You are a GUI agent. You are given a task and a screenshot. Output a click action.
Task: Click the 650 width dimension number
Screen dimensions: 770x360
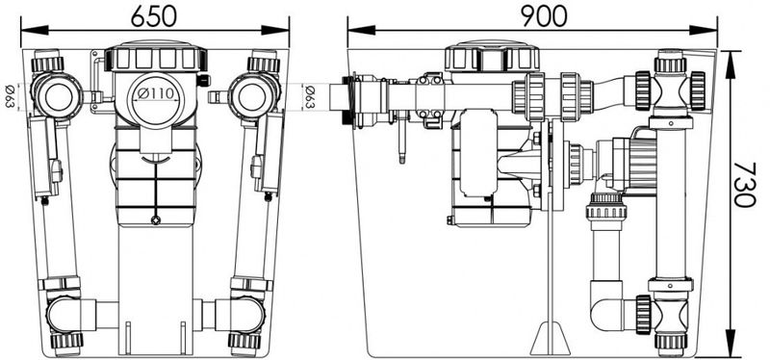(x=154, y=17)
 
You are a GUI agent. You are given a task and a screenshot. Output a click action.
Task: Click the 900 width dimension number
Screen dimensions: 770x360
(x=544, y=17)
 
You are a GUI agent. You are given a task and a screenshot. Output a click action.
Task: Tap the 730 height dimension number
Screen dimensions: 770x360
(x=744, y=184)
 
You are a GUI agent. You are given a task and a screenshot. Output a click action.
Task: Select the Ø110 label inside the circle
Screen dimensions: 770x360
(x=156, y=93)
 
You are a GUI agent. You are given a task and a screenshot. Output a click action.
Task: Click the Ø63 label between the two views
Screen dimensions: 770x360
(x=309, y=97)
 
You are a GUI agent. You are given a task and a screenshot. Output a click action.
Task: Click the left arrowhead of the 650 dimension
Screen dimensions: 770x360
(x=35, y=31)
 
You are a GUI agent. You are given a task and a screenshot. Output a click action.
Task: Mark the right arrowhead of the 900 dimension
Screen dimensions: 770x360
(x=704, y=31)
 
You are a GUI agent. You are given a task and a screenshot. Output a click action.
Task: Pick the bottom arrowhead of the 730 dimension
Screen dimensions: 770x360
(x=731, y=343)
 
